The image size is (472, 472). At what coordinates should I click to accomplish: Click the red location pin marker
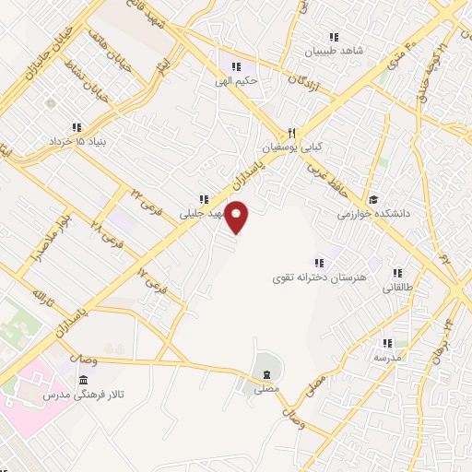239,218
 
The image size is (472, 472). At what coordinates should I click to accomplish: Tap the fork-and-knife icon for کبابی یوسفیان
291,133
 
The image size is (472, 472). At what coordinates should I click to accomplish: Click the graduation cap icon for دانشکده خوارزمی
373,199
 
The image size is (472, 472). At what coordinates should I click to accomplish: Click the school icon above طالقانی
398,274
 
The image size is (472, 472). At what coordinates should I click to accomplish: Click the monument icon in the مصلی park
267,374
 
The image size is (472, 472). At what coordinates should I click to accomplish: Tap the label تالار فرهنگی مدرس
82,395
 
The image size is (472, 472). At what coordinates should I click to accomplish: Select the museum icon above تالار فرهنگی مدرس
84,381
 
